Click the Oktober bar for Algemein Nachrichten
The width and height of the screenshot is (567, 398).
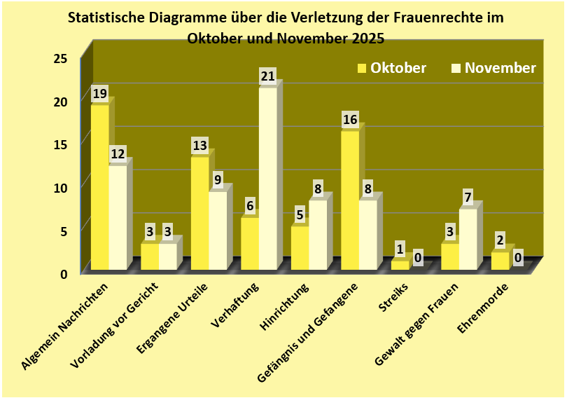click(99, 187)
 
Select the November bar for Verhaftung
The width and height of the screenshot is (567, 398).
click(267, 179)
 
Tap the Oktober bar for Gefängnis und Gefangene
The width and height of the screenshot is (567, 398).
click(349, 200)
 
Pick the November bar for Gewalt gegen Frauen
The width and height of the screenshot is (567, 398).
click(468, 239)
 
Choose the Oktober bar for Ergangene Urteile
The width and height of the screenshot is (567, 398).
click(199, 213)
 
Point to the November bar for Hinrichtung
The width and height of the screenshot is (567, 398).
click(318, 235)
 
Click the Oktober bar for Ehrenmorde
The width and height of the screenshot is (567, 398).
click(500, 261)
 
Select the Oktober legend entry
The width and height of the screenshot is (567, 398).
click(392, 68)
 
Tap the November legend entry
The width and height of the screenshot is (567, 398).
click(493, 68)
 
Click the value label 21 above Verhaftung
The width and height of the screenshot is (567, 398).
click(267, 76)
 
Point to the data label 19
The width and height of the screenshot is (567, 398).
click(99, 93)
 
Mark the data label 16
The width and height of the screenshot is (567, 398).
click(349, 120)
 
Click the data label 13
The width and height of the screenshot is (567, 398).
click(199, 146)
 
